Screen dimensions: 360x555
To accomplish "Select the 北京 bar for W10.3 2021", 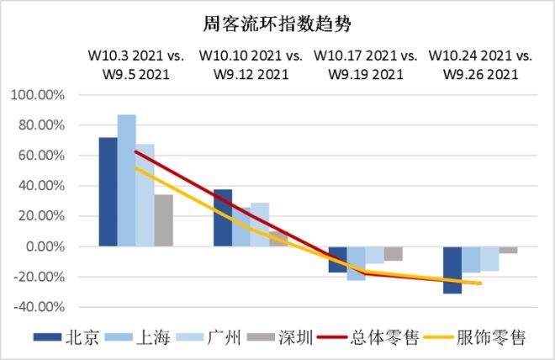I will point(108,192).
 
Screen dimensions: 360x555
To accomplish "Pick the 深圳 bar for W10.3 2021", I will point(163,220).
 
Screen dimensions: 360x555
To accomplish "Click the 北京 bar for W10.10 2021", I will point(223,218).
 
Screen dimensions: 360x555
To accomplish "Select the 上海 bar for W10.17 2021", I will point(356,263).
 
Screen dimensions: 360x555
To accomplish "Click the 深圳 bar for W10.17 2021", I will point(393,254).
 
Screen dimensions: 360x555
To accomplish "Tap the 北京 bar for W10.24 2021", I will point(452,270).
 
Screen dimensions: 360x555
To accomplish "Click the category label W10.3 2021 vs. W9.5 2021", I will point(135,64).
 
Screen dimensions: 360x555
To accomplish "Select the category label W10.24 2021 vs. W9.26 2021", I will point(480,64).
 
